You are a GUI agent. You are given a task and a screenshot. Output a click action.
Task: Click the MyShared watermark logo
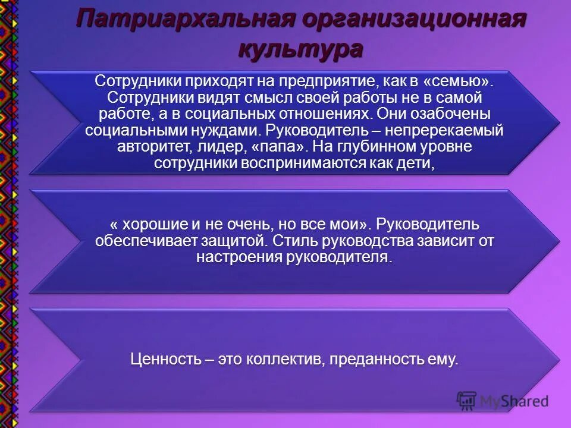point(503,401)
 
